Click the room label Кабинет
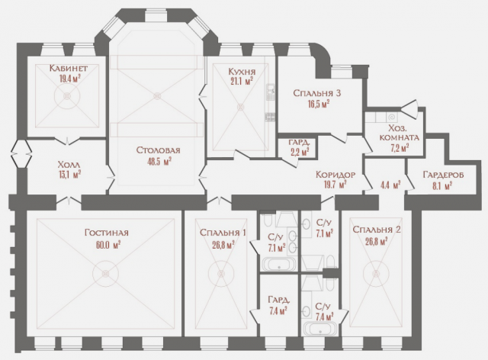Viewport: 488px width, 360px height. pos(69,68)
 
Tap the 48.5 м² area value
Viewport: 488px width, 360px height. pos(159,162)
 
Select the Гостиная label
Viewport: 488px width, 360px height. pos(107,233)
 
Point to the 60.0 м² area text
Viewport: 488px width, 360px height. pos(108,245)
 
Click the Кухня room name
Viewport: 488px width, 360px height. pos(242,72)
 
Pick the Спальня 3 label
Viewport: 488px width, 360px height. pos(317,93)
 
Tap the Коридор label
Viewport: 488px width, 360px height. pos(335,175)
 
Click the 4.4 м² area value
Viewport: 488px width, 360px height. pos(390,185)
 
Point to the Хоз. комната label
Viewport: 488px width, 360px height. pos(400,133)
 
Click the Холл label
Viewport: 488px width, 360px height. pos(69,165)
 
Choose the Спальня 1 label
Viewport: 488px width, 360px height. pos(223,233)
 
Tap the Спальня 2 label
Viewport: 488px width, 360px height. pos(377,230)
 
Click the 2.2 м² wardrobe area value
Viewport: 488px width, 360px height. pos(299,152)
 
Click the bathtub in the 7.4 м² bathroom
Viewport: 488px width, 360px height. pos(320,329)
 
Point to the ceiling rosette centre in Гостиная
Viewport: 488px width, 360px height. pos(106,273)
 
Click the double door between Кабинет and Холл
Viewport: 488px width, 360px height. pos(67,141)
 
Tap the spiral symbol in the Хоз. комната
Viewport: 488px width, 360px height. pos(391,117)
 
